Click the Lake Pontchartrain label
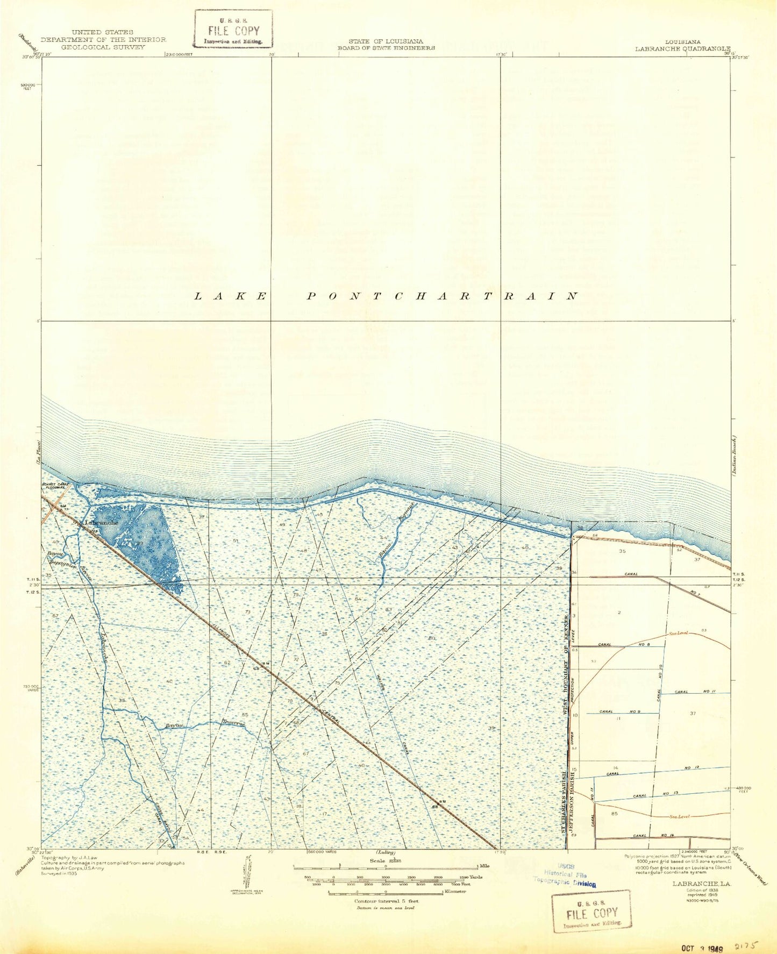coord(386,296)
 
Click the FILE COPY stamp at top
coord(234,30)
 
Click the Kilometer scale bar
coord(385,893)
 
